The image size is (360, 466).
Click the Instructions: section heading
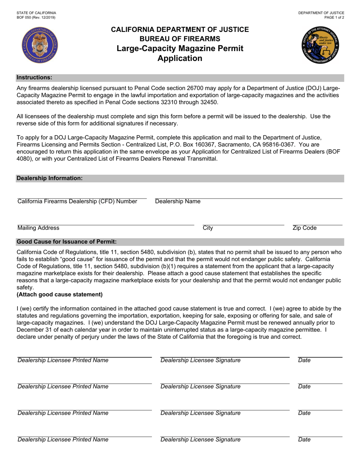point(34,78)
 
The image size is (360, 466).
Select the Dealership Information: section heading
point(50,178)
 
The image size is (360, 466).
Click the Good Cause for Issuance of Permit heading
point(67,242)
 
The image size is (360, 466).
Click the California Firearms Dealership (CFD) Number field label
point(77,202)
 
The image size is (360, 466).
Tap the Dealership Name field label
point(178,202)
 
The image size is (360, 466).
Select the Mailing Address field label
point(38,228)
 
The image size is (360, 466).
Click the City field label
point(208,228)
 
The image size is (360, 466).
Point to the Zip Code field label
point(305,228)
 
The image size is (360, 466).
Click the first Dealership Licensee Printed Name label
point(63,360)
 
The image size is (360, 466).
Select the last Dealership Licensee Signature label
point(200,440)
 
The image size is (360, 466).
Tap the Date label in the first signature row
point(304,360)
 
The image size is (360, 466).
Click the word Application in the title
point(180,58)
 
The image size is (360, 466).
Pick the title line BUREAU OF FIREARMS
point(180,39)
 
